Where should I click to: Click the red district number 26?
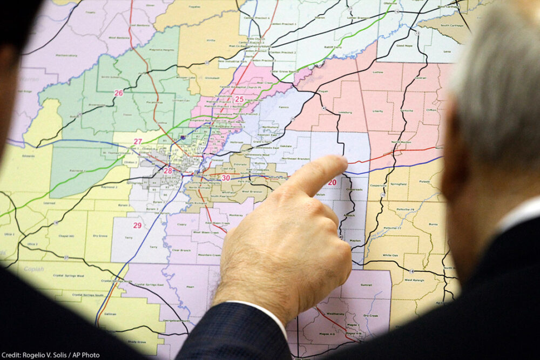pyautogui.click(x=118, y=93)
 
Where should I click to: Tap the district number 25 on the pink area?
pyautogui.click(x=239, y=99)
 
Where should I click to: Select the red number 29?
pyautogui.click(x=137, y=225)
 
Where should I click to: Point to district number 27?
pyautogui.click(x=138, y=141)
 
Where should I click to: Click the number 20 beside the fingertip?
pyautogui.click(x=332, y=182)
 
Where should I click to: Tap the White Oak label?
pyautogui.click(x=390, y=255)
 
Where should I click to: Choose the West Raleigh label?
pyautogui.click(x=415, y=280)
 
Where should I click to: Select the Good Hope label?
pyautogui.click(x=403, y=46)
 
